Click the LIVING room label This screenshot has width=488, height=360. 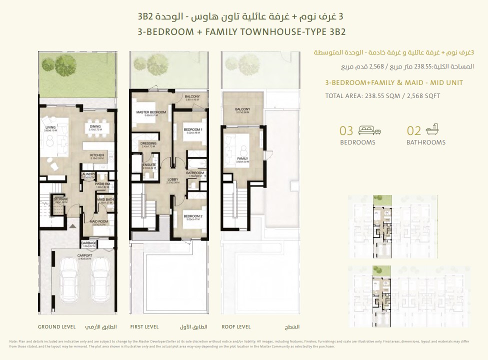pyautogui.click(x=50, y=127)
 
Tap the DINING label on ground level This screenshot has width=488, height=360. pyautogui.click(x=95, y=126)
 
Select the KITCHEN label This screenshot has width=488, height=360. pyautogui.click(x=96, y=155)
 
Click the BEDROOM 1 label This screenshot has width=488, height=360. pyautogui.click(x=192, y=129)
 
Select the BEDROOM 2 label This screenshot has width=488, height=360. pyautogui.click(x=192, y=216)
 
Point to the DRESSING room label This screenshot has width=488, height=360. pyautogui.click(x=148, y=143)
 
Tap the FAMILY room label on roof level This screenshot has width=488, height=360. pyautogui.click(x=242, y=159)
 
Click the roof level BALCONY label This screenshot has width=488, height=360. pyautogui.click(x=242, y=109)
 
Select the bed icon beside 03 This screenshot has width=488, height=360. pyautogui.click(x=370, y=131)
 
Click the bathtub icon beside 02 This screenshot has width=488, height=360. pyautogui.click(x=431, y=130)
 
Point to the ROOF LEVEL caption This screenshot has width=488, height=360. pyautogui.click(x=236, y=326)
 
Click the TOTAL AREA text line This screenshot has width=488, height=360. pyautogui.click(x=382, y=96)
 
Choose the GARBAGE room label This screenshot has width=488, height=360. pyautogui.click(x=88, y=243)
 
